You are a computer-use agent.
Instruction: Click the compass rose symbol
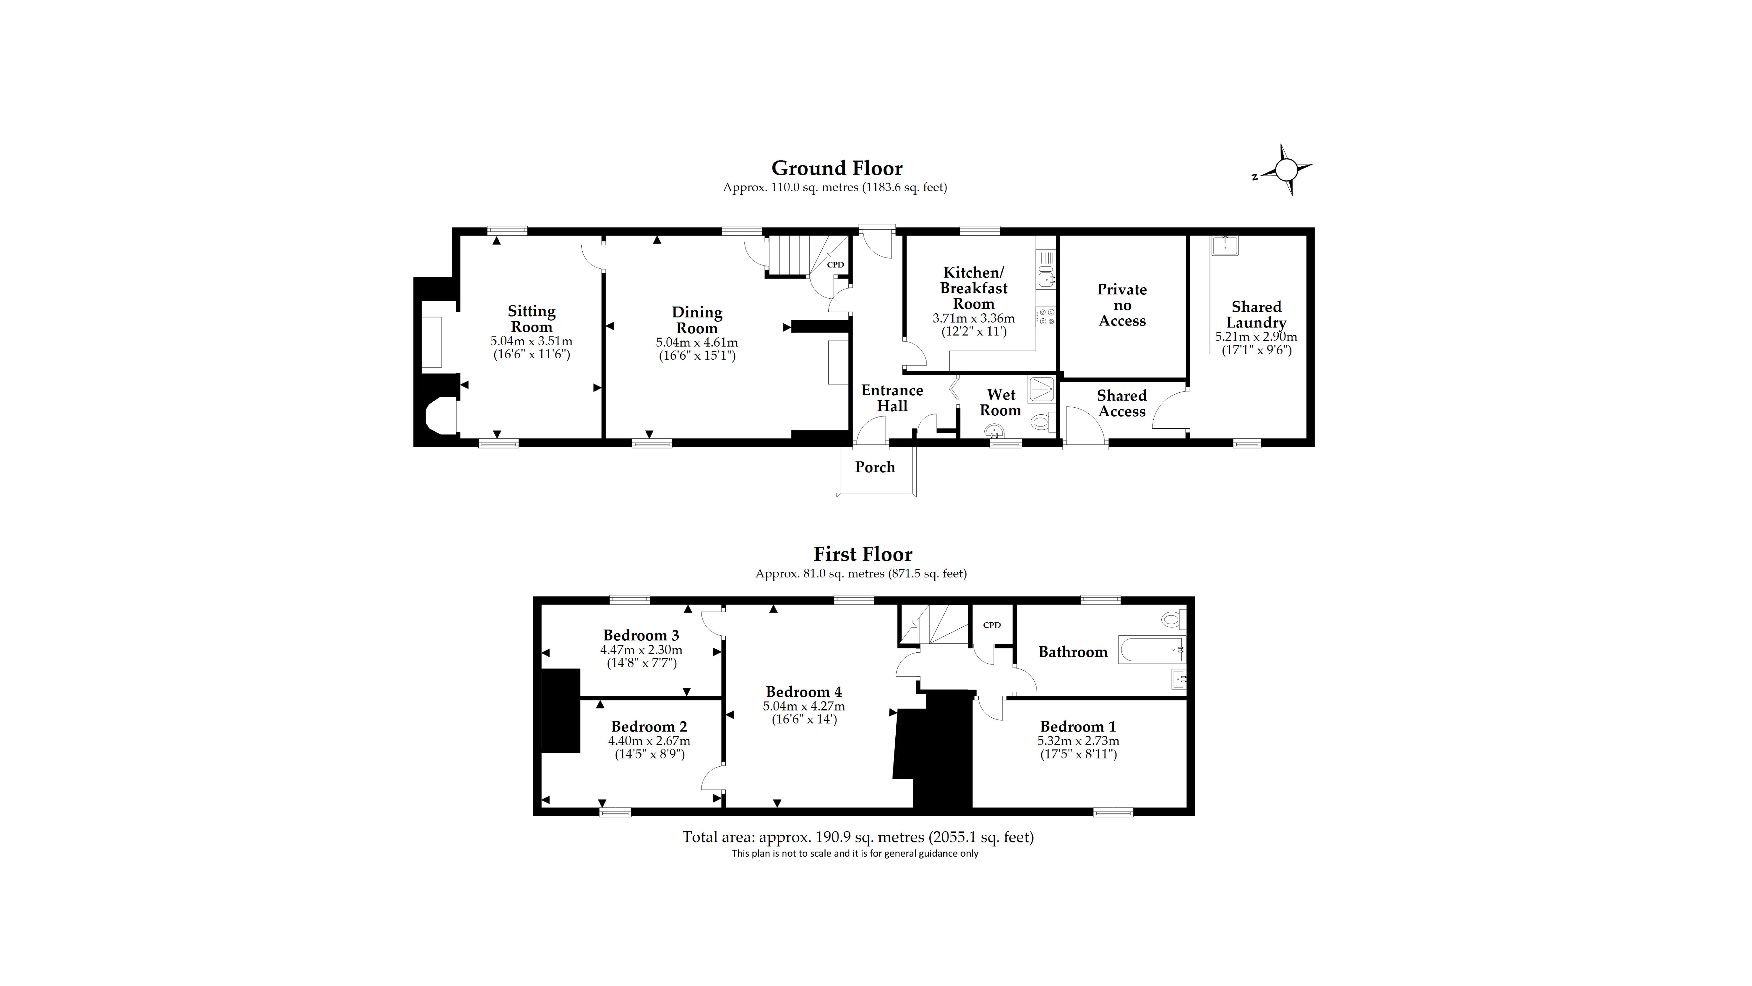[x=1285, y=170]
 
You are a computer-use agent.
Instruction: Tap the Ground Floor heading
[x=837, y=168]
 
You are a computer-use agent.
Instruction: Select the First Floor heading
[x=862, y=554]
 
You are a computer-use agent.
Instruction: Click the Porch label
[x=875, y=467]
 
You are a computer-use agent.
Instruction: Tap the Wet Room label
[x=1001, y=402]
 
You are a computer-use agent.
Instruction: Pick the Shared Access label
[x=1121, y=404]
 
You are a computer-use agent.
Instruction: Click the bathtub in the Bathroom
[x=1151, y=650]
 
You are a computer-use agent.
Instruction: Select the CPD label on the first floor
[x=992, y=625]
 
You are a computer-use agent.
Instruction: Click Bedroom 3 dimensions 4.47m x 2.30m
[x=641, y=650]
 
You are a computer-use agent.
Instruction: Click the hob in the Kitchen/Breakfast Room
[x=1045, y=316]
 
